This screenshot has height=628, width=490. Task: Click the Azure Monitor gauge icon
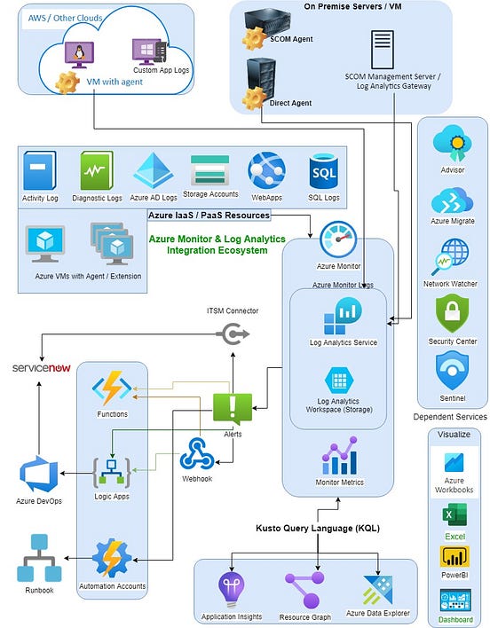pos(337,239)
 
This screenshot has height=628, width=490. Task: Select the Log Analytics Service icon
pos(342,316)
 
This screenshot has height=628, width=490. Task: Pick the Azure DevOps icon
pos(38,471)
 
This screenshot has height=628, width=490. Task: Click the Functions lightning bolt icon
pos(113,389)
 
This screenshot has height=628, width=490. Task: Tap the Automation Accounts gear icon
pos(113,559)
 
